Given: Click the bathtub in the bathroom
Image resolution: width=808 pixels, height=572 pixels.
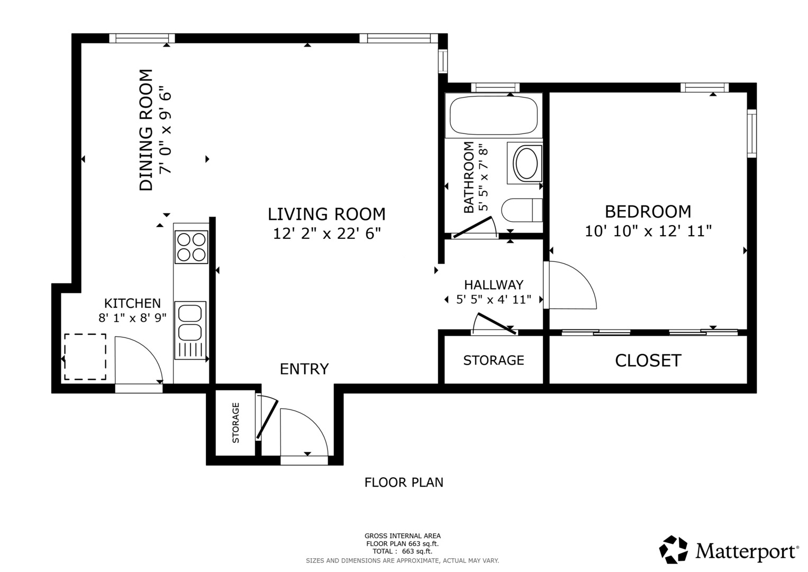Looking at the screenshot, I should [493, 116].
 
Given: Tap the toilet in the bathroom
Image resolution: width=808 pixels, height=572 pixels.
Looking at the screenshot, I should [521, 210].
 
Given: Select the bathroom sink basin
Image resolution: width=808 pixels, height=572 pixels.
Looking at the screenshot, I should [525, 163].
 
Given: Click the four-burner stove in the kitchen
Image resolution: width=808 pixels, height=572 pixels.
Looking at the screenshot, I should [191, 247].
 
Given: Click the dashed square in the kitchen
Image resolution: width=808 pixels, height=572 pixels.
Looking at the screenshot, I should [85, 356].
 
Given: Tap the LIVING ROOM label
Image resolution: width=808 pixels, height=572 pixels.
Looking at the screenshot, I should [326, 214].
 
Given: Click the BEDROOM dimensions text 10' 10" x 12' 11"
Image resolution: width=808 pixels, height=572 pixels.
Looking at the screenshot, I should [648, 231].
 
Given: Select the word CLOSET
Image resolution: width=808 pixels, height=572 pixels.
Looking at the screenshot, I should [648, 361].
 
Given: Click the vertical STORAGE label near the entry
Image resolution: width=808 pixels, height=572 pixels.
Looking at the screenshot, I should [236, 423].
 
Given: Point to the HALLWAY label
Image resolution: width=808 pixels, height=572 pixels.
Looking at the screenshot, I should [493, 285].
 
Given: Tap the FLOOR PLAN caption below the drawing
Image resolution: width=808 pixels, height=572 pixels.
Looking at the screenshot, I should [404, 482].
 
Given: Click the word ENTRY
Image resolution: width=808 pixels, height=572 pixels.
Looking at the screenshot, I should [304, 369].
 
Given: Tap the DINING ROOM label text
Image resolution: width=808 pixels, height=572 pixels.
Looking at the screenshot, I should [146, 130].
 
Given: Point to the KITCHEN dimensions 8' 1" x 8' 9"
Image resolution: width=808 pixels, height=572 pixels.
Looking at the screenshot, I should [132, 318].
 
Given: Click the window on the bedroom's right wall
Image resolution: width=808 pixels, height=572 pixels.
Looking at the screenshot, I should [751, 133].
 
